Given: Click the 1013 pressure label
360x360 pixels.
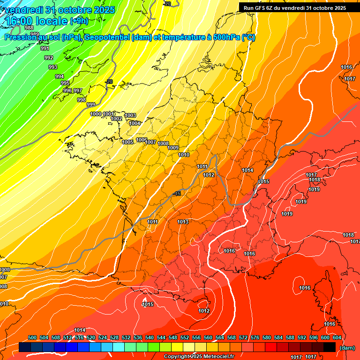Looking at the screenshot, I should coord(183,222).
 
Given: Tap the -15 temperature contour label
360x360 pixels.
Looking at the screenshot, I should coord(177,194).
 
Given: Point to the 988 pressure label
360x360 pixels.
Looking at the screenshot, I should coord(29,28).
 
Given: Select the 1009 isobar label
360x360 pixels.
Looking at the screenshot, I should coord(173,148).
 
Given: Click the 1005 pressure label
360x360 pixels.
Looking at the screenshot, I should coord(127,142).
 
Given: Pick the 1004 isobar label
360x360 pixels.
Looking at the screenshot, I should coord(135,123).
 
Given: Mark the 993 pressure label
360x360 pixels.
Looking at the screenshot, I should coord(53,67).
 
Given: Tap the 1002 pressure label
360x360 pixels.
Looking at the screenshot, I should coord(116,119).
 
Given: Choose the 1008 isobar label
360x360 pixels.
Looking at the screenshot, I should coord(163,143).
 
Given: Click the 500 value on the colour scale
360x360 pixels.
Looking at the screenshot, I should coord(32,337).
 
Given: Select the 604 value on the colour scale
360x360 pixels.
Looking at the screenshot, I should coord(337,337).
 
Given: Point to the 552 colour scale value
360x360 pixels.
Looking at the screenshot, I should coord(185,337).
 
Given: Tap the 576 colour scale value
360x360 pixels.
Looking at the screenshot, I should coord(255,337).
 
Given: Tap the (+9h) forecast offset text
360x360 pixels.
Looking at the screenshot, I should coord(79,21).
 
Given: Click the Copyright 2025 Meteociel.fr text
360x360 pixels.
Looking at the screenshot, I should coord(199,357).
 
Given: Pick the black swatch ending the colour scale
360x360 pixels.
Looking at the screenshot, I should coord(330,347).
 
